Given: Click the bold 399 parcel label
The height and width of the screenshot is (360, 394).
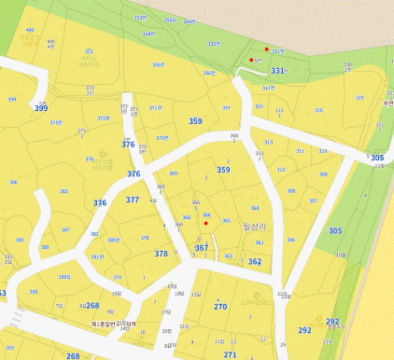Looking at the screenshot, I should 41,108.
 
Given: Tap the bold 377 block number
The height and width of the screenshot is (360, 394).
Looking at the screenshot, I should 133,200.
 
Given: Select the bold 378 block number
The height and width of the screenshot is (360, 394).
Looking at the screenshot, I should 161,254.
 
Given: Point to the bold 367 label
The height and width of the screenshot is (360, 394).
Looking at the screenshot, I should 202,248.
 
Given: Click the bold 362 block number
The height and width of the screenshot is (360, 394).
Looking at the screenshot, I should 255,262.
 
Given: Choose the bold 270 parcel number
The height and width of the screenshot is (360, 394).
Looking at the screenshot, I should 220,307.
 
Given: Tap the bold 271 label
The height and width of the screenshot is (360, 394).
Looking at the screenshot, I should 230,354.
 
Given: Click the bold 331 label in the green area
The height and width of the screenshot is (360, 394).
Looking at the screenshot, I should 277,71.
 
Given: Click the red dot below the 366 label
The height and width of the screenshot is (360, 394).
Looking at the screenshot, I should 206,223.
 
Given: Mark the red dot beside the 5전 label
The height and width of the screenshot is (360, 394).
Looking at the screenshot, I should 251,60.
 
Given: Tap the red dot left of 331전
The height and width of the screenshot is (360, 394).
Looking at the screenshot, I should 267,49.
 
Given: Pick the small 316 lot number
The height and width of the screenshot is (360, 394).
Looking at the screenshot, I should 319,110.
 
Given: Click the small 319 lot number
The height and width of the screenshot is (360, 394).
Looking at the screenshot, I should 360,97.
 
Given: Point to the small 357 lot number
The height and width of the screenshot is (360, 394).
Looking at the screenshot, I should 226,108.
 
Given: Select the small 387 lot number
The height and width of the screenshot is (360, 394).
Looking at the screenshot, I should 65,229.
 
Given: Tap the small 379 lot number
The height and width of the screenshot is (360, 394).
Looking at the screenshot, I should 117,277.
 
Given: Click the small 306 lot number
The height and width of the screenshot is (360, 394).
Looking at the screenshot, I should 291,240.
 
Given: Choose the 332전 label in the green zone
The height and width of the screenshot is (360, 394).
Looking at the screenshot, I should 213,43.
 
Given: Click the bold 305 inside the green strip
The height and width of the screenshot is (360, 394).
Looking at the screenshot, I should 335,231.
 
